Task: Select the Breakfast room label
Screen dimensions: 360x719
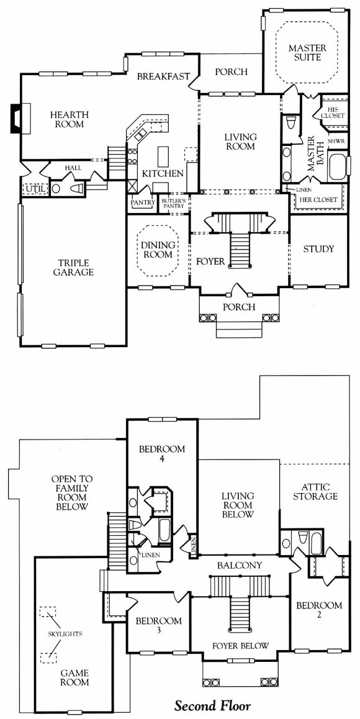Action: (163, 76)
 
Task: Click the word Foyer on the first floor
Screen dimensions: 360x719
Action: (210, 262)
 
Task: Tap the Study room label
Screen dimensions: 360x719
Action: (319, 249)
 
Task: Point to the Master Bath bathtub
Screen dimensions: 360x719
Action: (338, 168)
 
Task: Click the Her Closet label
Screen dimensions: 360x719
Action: (318, 200)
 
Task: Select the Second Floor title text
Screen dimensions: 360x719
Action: (212, 704)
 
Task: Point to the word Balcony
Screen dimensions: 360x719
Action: (240, 566)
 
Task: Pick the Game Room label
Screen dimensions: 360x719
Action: (74, 678)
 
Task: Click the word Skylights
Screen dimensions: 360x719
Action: (65, 634)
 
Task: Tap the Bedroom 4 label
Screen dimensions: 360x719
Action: (163, 453)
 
